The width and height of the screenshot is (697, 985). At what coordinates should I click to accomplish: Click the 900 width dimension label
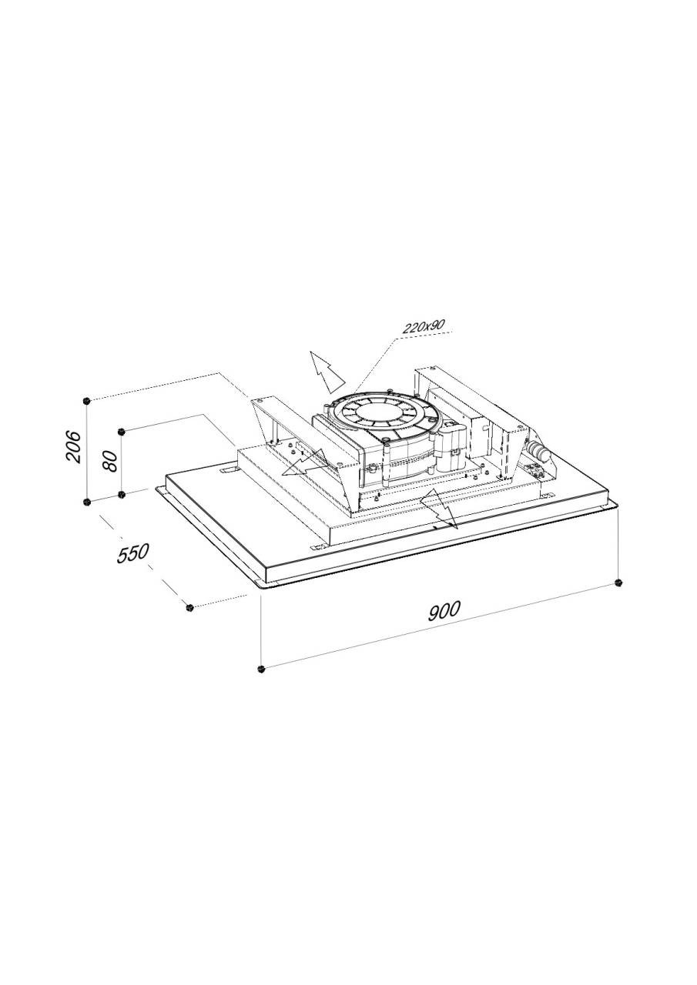[x=444, y=610]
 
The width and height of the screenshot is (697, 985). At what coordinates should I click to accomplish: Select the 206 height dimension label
[x=73, y=446]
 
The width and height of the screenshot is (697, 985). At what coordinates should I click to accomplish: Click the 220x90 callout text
[x=424, y=326]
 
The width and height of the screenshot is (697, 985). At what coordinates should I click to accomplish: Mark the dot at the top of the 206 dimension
[x=87, y=401]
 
